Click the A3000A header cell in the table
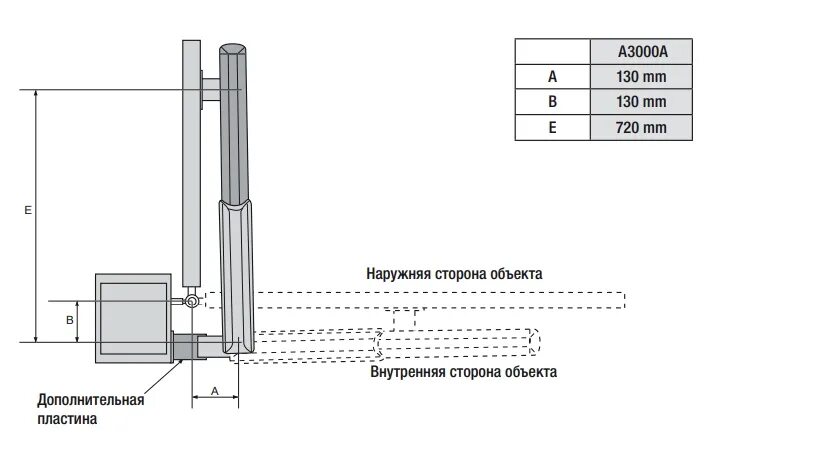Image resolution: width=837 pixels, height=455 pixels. (641, 52)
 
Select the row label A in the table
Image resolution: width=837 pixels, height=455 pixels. (552, 77)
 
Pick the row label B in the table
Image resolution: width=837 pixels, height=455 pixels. (552, 102)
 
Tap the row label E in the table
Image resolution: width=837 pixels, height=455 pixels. (552, 127)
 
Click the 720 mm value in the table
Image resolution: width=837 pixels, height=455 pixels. (641, 127)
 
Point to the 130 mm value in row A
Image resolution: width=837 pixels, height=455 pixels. (641, 77)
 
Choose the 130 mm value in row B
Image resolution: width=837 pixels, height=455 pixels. (641, 102)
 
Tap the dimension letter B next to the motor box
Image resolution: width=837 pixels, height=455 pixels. (69, 320)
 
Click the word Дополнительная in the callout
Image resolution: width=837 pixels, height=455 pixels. (91, 400)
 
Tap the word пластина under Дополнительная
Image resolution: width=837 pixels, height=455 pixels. (69, 419)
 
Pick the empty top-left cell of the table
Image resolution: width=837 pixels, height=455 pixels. (552, 52)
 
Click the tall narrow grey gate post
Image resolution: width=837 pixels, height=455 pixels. (191, 160)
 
